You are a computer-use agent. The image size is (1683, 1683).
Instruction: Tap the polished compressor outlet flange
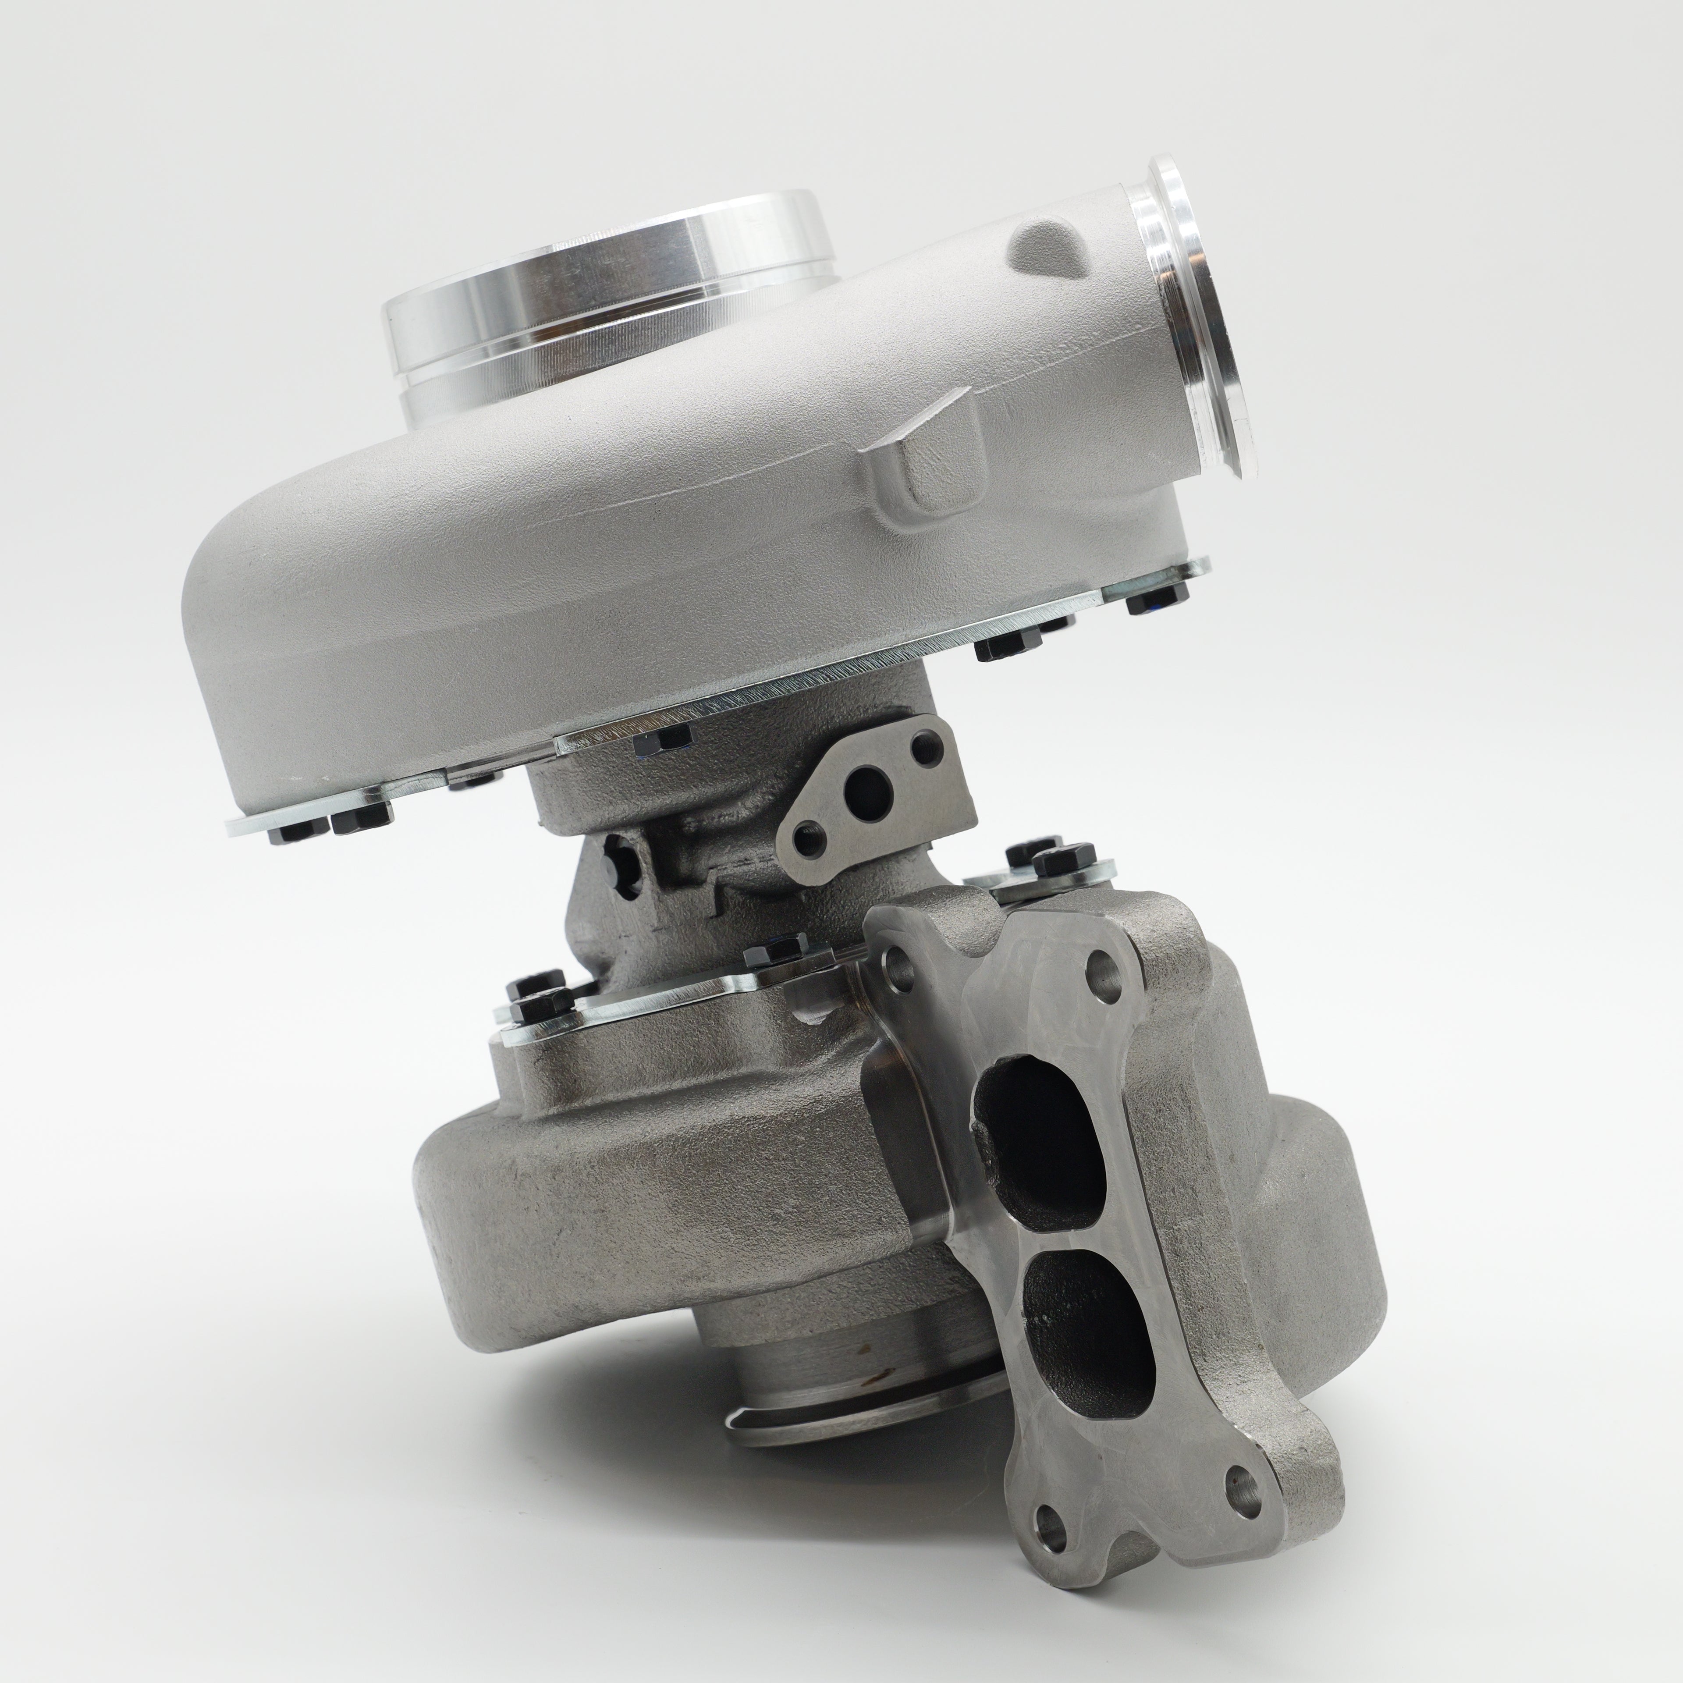[x=1198, y=322]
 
